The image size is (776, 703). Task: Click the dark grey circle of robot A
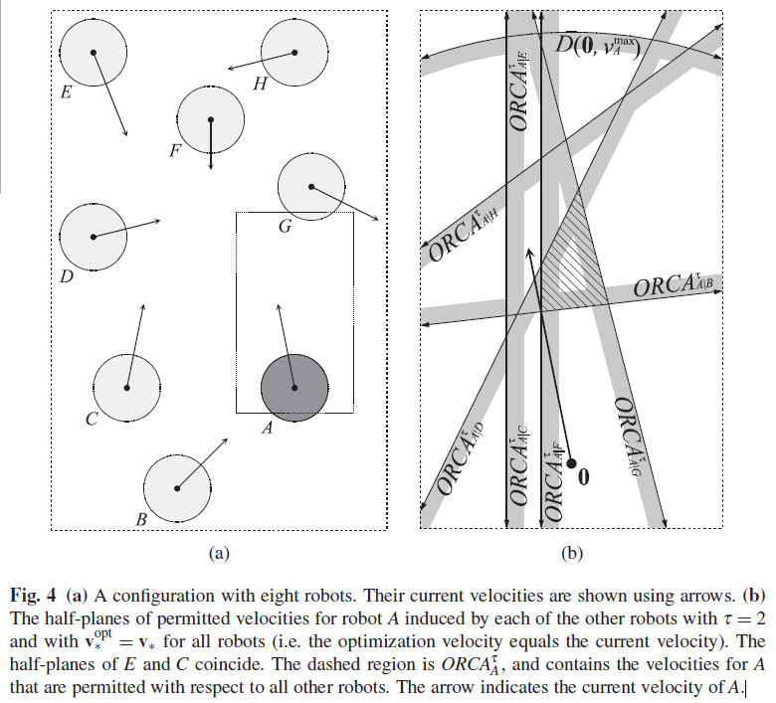(293, 386)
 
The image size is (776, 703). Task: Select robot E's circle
(93, 52)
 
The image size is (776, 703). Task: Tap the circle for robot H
(293, 52)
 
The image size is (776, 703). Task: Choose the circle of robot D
(93, 237)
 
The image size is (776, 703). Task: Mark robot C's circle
(126, 387)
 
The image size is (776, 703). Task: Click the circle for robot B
(177, 486)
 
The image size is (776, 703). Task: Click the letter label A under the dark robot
(266, 429)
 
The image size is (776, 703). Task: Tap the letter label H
(261, 85)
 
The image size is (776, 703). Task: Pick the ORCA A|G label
(633, 437)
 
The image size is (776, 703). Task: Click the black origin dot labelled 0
(572, 462)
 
